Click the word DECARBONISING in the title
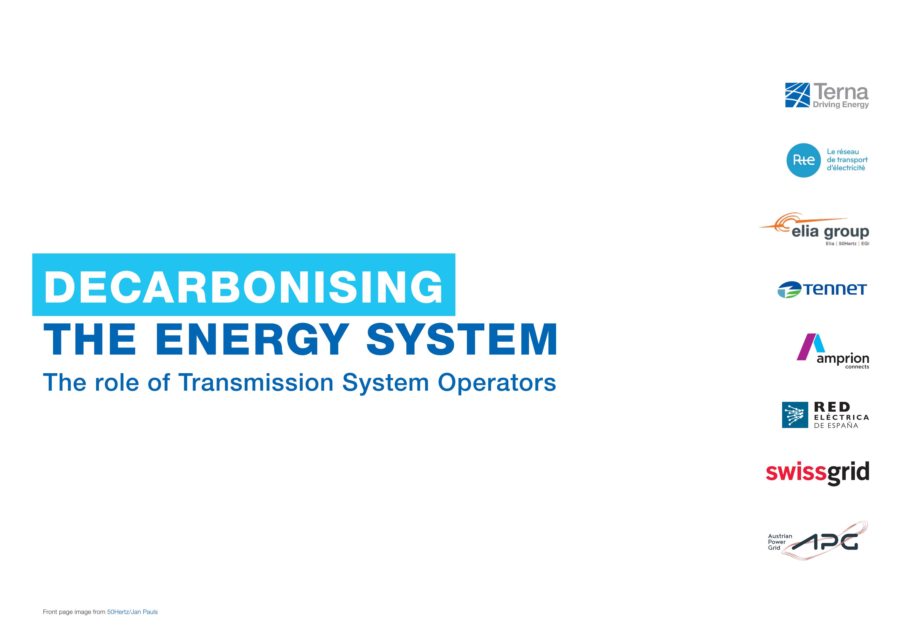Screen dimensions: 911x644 [243, 287]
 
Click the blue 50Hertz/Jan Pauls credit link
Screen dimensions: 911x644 [132, 612]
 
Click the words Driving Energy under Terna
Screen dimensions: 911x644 [841, 105]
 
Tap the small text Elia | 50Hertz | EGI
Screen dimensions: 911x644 [847, 244]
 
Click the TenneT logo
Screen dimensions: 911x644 [822, 289]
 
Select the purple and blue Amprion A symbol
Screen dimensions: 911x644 [811, 347]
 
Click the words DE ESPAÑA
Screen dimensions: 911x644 [836, 426]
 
